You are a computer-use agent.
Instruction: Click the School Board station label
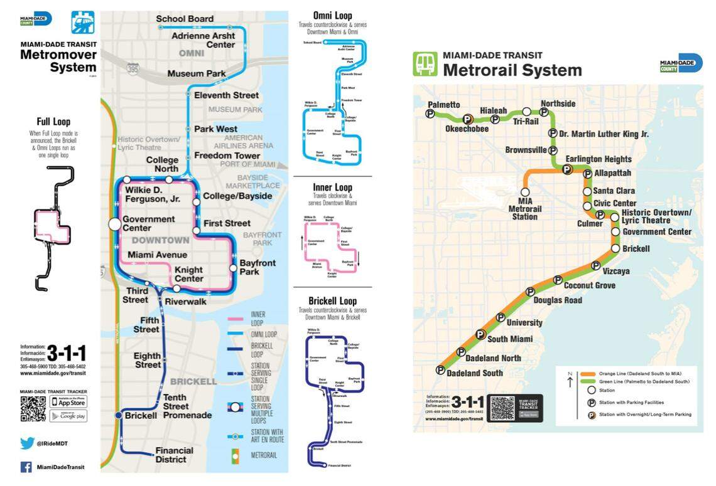coord(185,19)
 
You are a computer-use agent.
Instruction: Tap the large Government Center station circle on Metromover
coord(114,224)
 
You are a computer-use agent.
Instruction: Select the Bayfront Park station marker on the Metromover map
coord(233,268)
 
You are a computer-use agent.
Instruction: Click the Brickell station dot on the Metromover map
coord(118,416)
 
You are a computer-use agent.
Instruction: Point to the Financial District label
coord(170,455)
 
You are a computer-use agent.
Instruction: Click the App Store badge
coord(68,401)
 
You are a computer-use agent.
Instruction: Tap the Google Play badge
coord(68,416)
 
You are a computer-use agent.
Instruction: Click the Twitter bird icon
coord(27,443)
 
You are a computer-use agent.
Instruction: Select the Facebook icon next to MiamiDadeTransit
coord(26,467)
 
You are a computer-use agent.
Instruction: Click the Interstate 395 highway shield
coord(131,67)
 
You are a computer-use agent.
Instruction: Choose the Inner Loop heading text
coord(332,188)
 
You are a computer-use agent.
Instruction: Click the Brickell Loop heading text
coord(332,301)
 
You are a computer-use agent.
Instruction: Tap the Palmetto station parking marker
coord(430,114)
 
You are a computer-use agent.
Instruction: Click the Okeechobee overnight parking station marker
coord(467,119)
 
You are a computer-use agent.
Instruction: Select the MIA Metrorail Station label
coord(524,209)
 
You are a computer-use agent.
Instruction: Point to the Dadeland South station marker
coord(440,370)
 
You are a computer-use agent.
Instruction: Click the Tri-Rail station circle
coord(526,112)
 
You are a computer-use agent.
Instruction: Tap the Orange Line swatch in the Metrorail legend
coord(587,373)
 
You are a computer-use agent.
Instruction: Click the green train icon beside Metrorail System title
coord(425,64)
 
